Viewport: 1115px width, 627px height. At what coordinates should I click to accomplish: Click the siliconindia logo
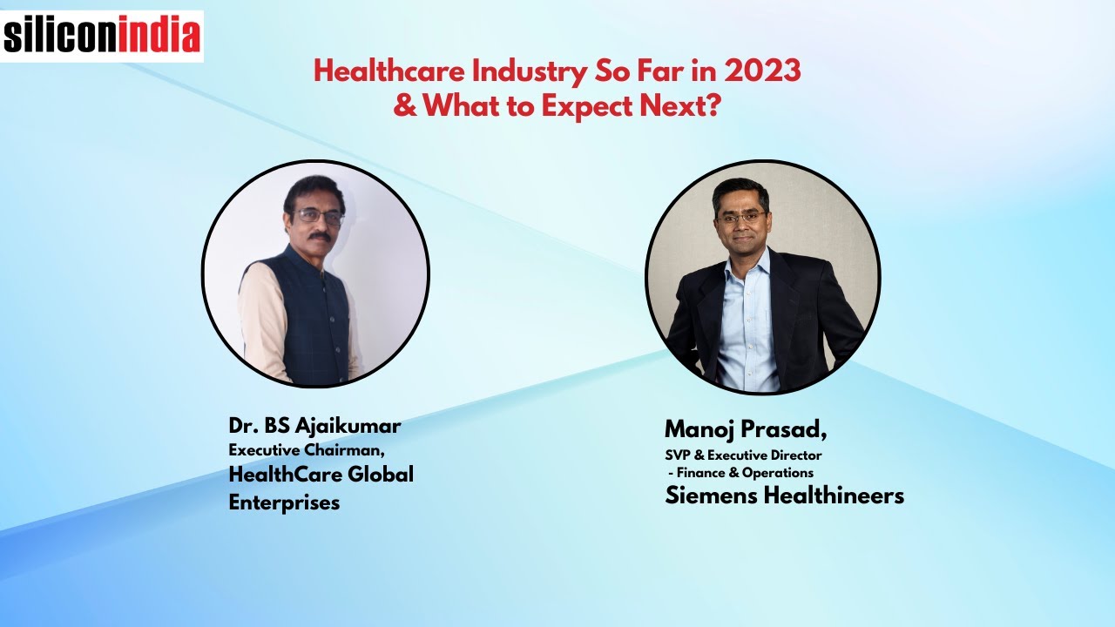coord(102,36)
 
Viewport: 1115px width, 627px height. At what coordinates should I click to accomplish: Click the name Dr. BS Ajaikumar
coord(314,426)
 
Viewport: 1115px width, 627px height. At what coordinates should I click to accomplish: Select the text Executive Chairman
coord(306,450)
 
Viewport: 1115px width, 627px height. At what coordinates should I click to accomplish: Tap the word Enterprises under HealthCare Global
coord(284,502)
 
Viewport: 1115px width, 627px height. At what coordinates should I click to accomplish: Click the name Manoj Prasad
coord(745,428)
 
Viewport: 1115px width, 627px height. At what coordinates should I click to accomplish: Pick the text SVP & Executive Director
coord(743,455)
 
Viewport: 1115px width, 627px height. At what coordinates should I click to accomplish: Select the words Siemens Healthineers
coord(784,496)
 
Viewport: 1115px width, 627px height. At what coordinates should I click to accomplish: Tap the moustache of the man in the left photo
coord(319,236)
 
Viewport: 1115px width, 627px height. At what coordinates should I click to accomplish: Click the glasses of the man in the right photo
coord(741,217)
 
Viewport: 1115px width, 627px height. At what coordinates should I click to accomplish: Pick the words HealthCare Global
coord(321,475)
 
